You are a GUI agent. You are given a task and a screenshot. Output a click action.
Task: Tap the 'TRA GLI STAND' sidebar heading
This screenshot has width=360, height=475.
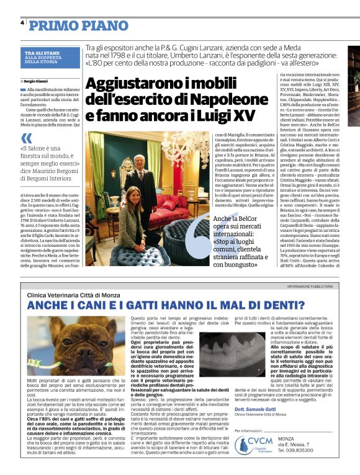click(40, 53)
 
